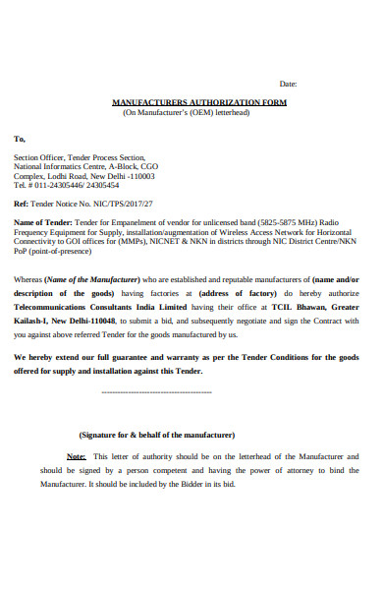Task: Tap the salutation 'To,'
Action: [20, 139]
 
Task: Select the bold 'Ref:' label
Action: [21, 205]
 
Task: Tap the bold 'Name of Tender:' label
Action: [42, 222]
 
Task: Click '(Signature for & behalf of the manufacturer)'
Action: [156, 434]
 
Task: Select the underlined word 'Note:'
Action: [76, 456]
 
